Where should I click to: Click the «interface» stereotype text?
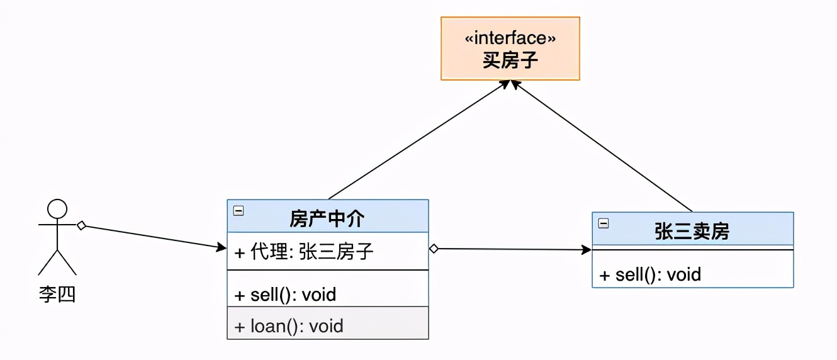point(510,39)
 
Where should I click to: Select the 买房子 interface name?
point(510,60)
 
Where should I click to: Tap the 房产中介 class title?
point(327,218)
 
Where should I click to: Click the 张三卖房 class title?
point(692,231)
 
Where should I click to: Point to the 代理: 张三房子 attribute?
point(304,252)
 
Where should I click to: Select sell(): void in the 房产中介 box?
point(285,294)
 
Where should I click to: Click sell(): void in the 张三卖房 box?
point(650,274)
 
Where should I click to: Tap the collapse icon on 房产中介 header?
point(239,211)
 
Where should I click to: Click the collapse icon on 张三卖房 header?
point(604,223)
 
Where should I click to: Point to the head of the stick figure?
point(57,208)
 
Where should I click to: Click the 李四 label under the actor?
point(57,295)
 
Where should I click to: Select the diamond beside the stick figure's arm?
point(81,225)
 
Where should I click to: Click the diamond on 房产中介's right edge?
point(434,249)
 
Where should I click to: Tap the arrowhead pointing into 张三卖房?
point(587,250)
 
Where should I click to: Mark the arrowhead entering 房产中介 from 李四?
point(222,247)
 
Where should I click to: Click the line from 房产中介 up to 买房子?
point(415,142)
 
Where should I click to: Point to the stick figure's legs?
point(57,263)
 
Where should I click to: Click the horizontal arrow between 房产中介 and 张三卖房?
point(510,249)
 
